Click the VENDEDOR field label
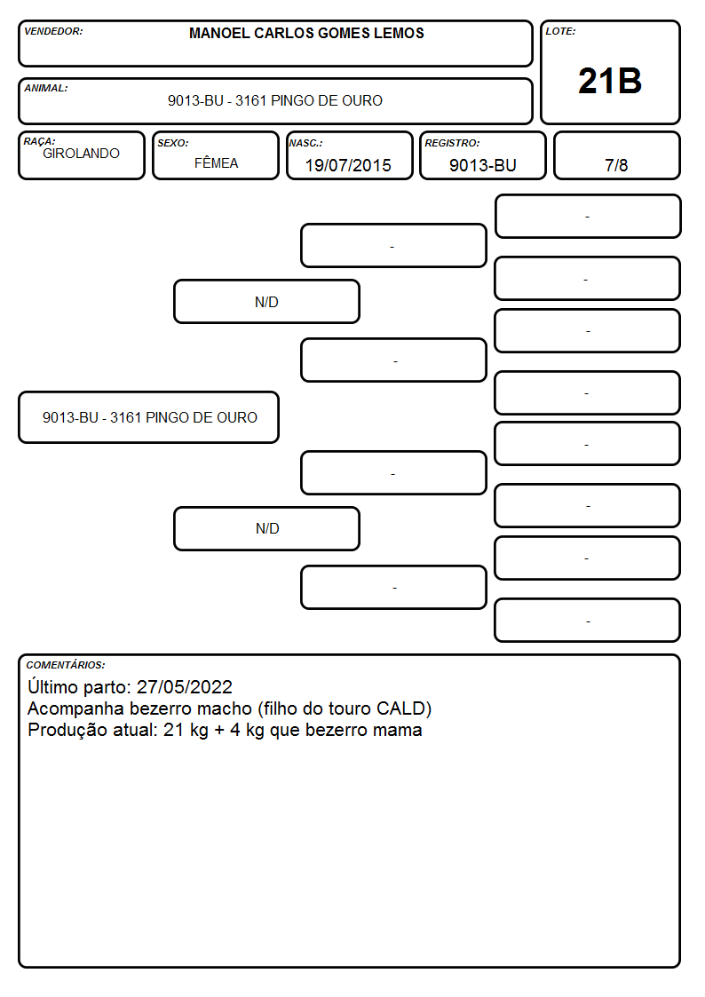pos(53,31)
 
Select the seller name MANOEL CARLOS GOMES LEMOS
pos(306,33)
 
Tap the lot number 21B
pos(610,81)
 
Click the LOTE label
pos(560,31)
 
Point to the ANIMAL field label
pos(46,89)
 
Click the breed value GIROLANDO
pos(81,154)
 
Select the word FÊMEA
pos(216,162)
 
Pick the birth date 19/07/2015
pos(348,165)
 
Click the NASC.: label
pos(305,143)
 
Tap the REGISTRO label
pos(452,143)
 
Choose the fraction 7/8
pos(616,165)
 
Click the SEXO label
pos(173,143)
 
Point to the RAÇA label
pos(39,141)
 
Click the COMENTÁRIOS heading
pos(66,665)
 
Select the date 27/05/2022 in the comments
pos(185,686)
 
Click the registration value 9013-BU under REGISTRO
pos(482,165)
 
